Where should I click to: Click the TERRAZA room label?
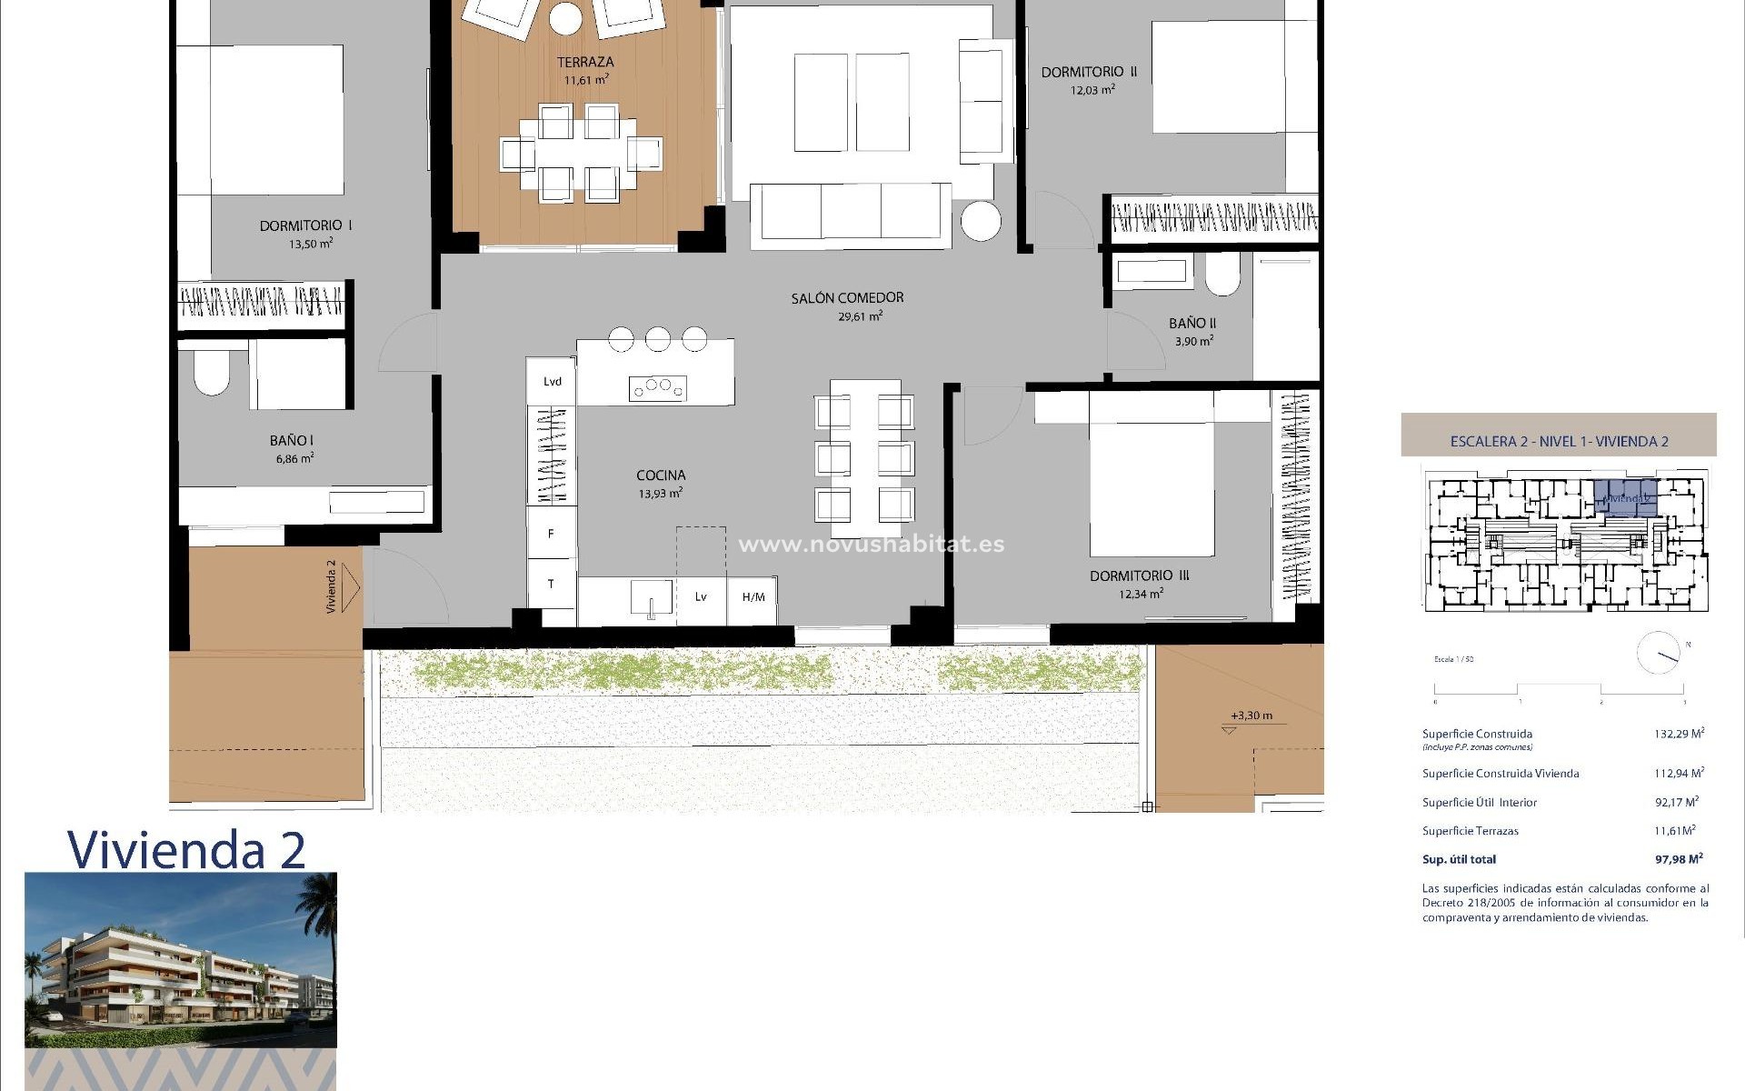pyautogui.click(x=585, y=63)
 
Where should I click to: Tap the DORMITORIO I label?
pyautogui.click(x=305, y=225)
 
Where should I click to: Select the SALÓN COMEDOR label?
pyautogui.click(x=847, y=297)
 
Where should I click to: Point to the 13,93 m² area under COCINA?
pyautogui.click(x=660, y=494)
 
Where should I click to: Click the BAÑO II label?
pyautogui.click(x=1192, y=323)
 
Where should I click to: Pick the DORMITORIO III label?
pyautogui.click(x=1139, y=576)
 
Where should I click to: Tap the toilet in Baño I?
pyautogui.click(x=211, y=374)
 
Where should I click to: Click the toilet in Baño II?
pyautogui.click(x=1223, y=273)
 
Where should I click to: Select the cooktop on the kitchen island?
pyautogui.click(x=658, y=388)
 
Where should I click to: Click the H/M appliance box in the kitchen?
pyautogui.click(x=753, y=597)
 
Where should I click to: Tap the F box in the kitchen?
pyautogui.click(x=551, y=534)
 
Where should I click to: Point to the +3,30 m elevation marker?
pyautogui.click(x=1251, y=716)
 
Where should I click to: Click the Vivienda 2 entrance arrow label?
pyautogui.click(x=333, y=586)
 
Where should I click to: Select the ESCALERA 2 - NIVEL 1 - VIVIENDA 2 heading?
pyautogui.click(x=1559, y=442)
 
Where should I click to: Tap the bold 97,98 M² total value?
pyautogui.click(x=1679, y=859)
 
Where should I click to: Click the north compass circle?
pyautogui.click(x=1659, y=653)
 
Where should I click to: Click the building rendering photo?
pyautogui.click(x=180, y=960)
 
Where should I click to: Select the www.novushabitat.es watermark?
pyautogui.click(x=871, y=545)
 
